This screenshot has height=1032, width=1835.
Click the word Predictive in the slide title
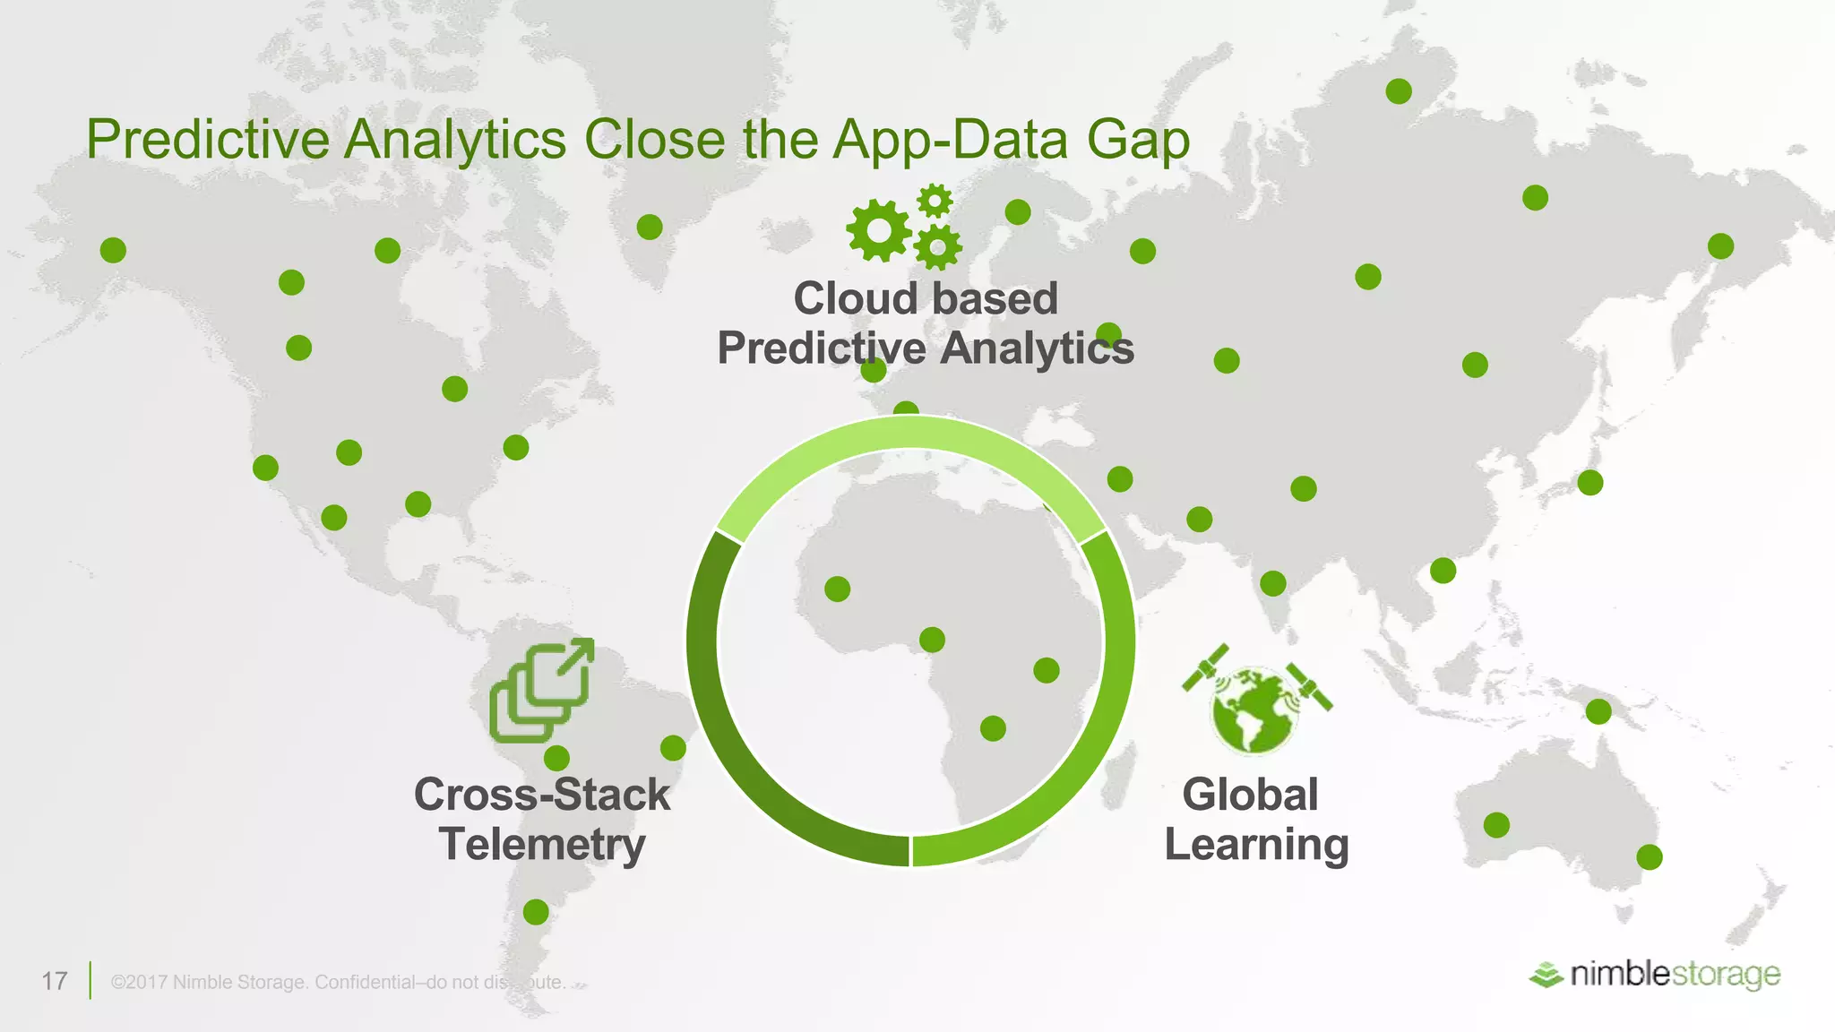pyautogui.click(x=208, y=140)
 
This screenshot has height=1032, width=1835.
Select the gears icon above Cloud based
pyautogui.click(x=904, y=226)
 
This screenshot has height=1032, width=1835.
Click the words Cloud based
pyautogui.click(x=926, y=298)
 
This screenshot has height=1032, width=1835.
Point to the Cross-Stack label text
pyautogui.click(x=542, y=795)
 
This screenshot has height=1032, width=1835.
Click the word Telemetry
pyautogui.click(x=542, y=845)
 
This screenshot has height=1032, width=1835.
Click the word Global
pyautogui.click(x=1250, y=795)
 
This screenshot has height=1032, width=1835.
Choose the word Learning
pyautogui.click(x=1256, y=845)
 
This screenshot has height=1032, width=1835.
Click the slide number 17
pyautogui.click(x=55, y=981)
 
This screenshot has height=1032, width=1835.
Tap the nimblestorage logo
pyautogui.click(x=1655, y=974)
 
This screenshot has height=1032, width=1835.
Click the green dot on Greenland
pyautogui.click(x=650, y=227)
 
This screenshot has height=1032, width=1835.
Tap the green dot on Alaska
pyautogui.click(x=113, y=250)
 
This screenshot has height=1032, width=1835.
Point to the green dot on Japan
pyautogui.click(x=1590, y=483)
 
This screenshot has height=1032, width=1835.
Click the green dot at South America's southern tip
pyautogui.click(x=536, y=912)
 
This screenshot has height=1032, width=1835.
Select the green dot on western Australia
pyautogui.click(x=1496, y=825)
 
